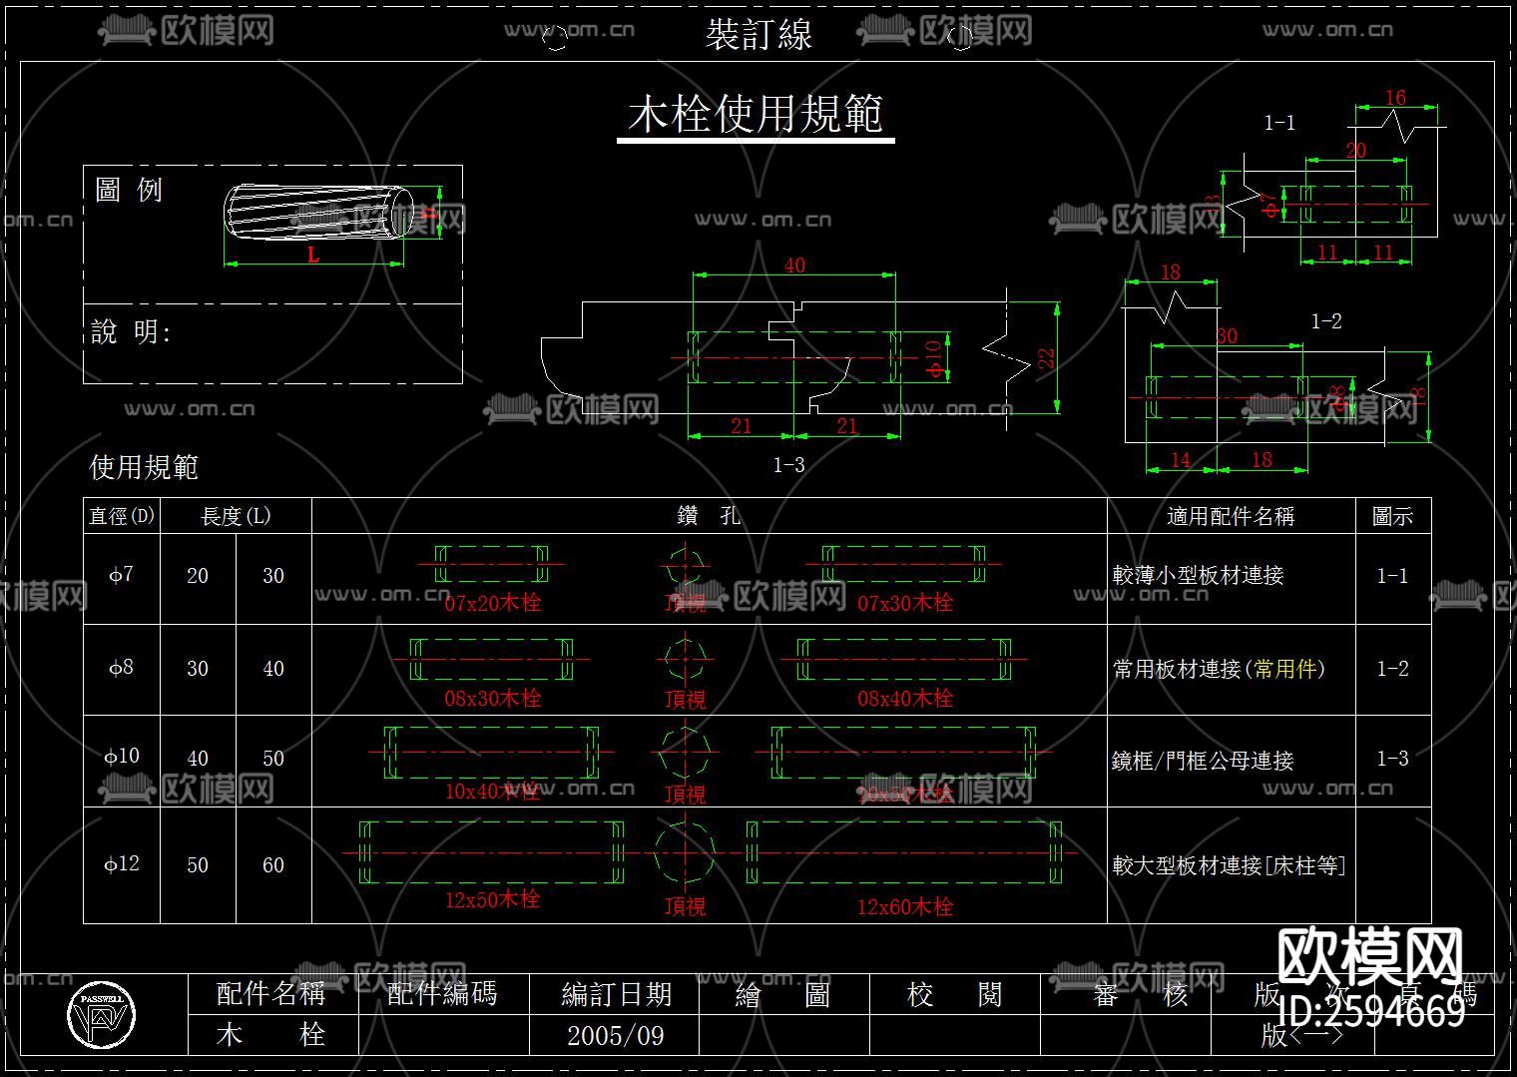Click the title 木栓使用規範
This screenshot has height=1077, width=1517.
[756, 115]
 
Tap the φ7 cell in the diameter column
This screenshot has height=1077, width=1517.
[121, 575]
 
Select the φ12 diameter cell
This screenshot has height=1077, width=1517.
[121, 863]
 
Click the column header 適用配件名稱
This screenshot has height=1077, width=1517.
[1230, 516]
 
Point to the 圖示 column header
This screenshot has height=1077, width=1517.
[1392, 516]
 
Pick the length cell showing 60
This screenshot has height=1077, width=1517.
[273, 865]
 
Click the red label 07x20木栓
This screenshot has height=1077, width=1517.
[492, 603]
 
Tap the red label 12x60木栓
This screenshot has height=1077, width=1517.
[905, 906]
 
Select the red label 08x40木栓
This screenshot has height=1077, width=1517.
[905, 698]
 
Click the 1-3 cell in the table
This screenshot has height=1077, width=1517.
[1392, 759]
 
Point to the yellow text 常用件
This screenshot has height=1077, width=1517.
[1285, 669]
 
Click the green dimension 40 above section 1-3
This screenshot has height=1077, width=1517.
[794, 266]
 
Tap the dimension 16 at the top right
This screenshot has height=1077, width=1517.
[1395, 98]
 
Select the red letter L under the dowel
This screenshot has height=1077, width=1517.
[313, 255]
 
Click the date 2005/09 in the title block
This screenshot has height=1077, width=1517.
[615, 1035]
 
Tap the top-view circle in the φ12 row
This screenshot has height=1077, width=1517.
[685, 851]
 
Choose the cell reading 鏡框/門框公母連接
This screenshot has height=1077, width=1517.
[1203, 761]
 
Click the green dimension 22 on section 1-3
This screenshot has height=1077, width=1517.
[1046, 357]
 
